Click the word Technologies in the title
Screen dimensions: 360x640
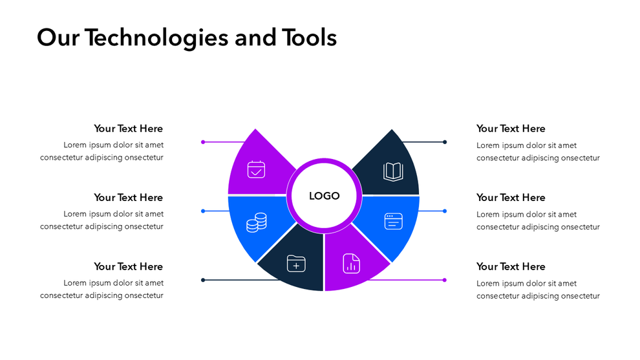156,38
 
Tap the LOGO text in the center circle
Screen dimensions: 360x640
324,196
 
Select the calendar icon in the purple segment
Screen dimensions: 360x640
257,169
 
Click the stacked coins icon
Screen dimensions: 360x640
257,223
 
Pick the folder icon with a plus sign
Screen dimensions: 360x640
296,263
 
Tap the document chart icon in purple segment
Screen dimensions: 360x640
351,263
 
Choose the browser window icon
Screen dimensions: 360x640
393,222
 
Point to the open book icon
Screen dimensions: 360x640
393,171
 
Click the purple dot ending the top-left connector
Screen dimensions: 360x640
203,142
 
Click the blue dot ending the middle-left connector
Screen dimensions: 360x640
203,211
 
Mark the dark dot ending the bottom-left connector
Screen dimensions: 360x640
203,280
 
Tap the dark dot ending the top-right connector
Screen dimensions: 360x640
445,142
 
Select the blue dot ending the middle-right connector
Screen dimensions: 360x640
445,211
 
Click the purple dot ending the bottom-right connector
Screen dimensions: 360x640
445,280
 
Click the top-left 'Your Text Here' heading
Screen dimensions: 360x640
128,129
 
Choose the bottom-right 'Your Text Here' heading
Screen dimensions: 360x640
511,266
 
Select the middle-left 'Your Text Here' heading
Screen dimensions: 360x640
128,197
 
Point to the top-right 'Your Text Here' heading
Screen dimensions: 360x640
511,129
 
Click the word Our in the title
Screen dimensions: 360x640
58,38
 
